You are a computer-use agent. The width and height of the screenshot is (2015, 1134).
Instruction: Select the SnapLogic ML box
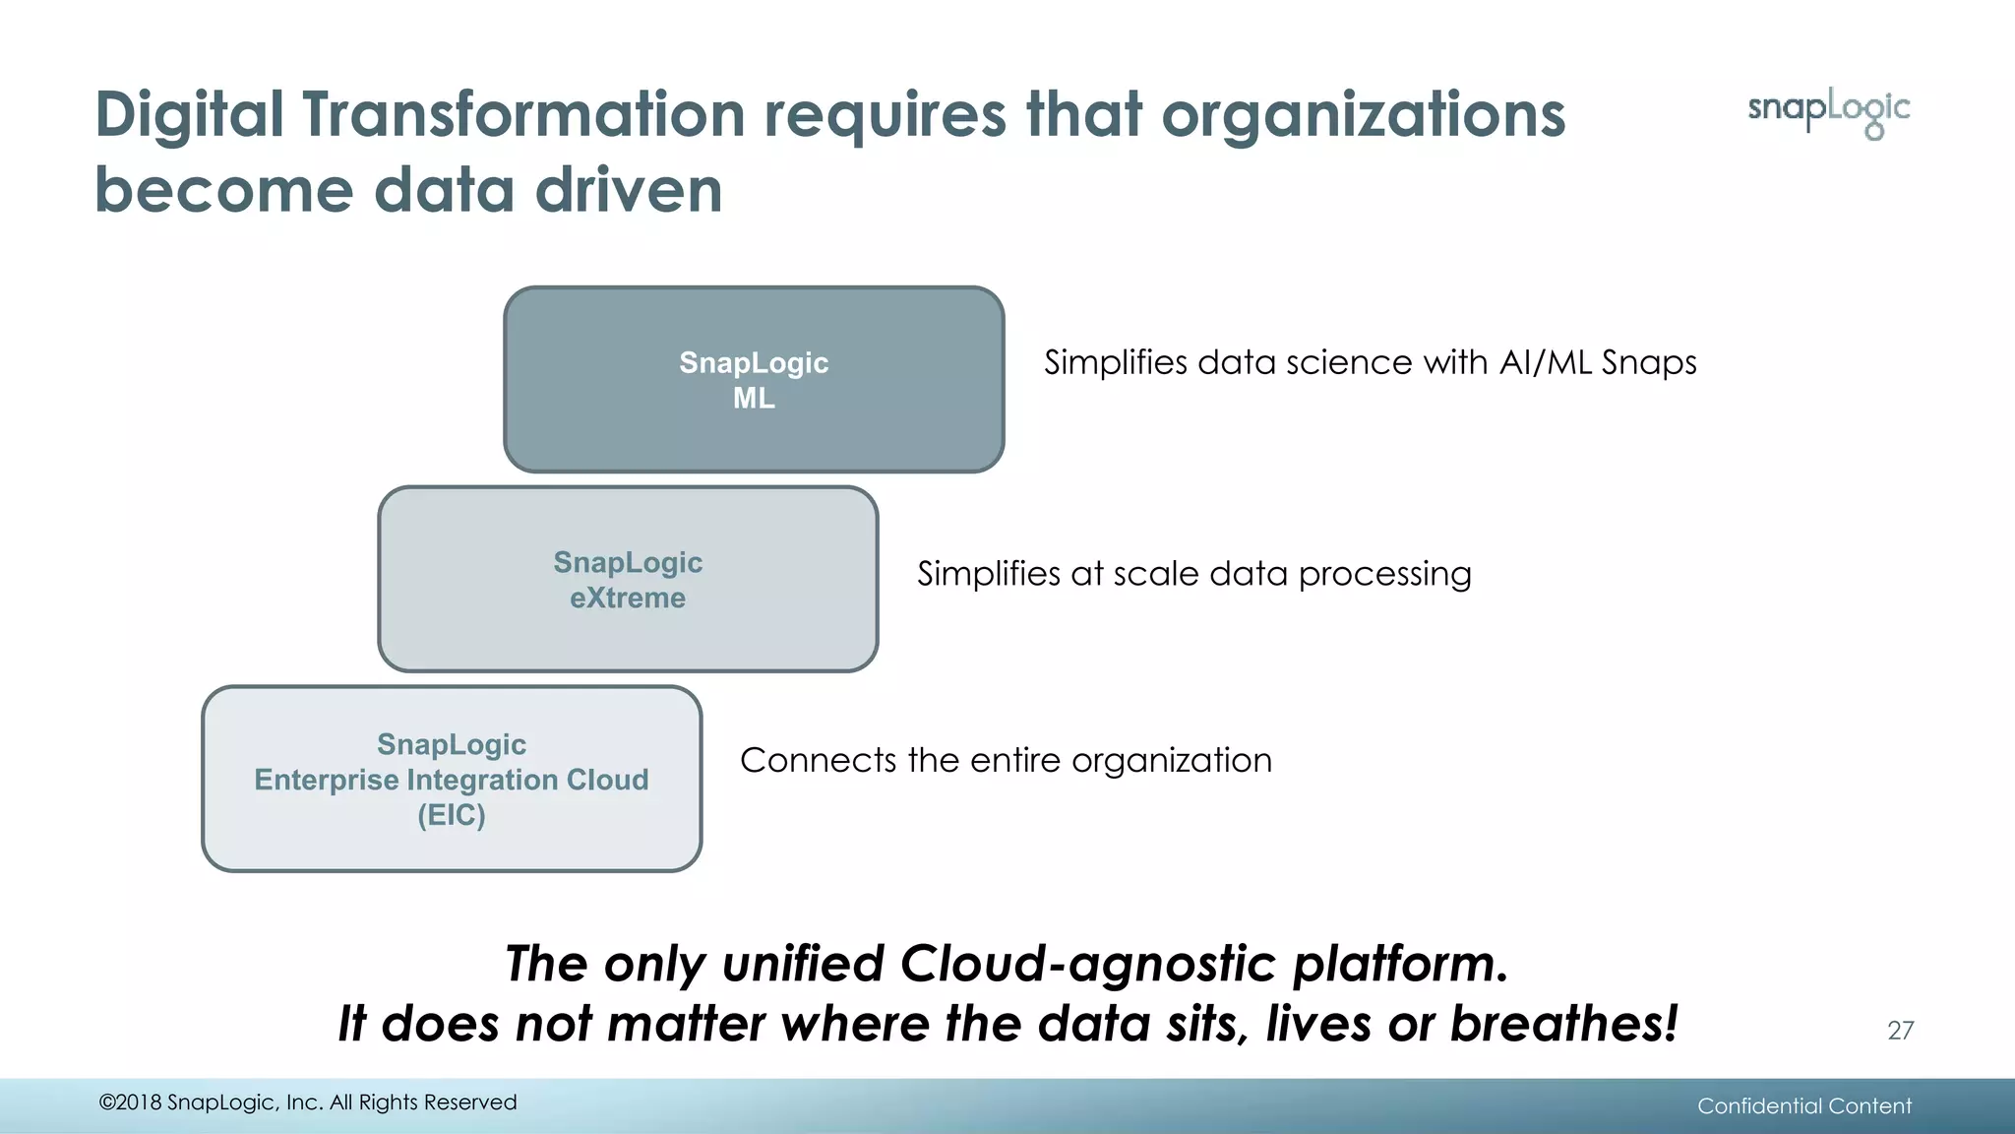coord(754,380)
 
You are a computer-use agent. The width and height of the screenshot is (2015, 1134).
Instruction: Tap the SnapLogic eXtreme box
coord(628,580)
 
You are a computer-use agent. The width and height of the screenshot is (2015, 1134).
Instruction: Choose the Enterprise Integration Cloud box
coord(452,779)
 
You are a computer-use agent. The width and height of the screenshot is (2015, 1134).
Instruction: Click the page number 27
coord(1900,1030)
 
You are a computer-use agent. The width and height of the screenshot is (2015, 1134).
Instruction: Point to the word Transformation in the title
coord(523,114)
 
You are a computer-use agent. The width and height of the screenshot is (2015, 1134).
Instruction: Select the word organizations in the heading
coord(1363,114)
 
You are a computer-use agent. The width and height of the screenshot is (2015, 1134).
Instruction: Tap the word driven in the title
coord(629,190)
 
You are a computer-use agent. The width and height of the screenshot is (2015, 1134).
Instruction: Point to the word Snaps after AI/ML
coord(1648,363)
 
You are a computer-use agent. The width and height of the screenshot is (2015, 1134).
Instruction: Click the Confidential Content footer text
coord(1803,1105)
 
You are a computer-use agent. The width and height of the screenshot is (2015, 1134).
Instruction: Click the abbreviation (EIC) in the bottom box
coord(452,815)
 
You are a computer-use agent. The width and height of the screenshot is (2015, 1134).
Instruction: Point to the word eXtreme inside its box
coord(628,598)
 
